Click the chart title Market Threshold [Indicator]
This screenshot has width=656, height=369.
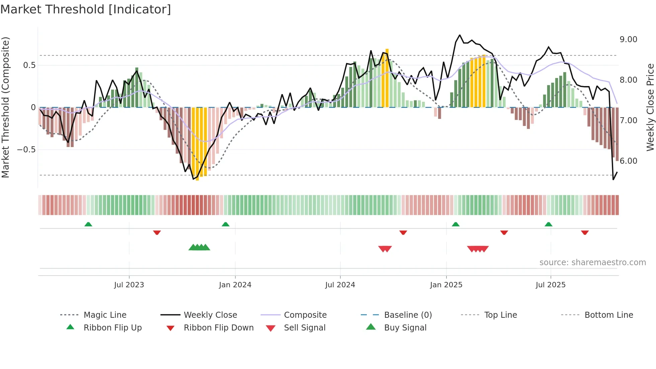point(86,9)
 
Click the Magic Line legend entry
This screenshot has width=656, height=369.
point(105,315)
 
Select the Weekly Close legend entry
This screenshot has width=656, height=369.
point(210,315)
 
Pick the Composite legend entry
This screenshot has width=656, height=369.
point(305,315)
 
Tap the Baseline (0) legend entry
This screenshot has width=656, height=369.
point(408,315)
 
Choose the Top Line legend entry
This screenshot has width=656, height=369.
point(500,315)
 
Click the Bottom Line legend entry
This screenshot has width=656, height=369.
point(608,315)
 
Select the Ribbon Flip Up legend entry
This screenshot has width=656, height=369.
point(112,328)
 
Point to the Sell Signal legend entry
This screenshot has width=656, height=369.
point(304,328)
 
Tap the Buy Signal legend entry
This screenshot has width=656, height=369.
point(405,328)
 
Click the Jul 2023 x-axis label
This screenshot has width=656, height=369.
point(129,285)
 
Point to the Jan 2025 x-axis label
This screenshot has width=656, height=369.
point(446,285)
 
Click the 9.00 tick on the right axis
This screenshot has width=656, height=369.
point(628,40)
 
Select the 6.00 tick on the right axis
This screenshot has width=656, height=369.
point(628,161)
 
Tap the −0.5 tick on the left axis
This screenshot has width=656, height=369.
point(26,150)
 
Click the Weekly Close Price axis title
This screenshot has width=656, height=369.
point(650,107)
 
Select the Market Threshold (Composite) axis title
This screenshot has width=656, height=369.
point(5,107)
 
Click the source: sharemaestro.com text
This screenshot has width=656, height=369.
point(592,263)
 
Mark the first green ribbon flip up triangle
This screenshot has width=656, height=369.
point(88,224)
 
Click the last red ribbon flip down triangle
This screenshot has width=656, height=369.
point(585,232)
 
